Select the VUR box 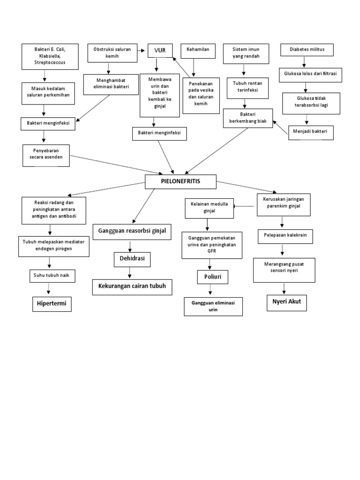point(160,50)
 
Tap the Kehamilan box point(198,49)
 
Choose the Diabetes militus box point(307,49)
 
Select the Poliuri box point(212,277)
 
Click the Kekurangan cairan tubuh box point(132,286)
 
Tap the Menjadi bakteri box point(311,133)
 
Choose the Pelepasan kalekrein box point(285,237)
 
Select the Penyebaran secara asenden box point(46,156)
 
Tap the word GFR point(212,251)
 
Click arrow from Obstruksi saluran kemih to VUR point(141,49)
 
